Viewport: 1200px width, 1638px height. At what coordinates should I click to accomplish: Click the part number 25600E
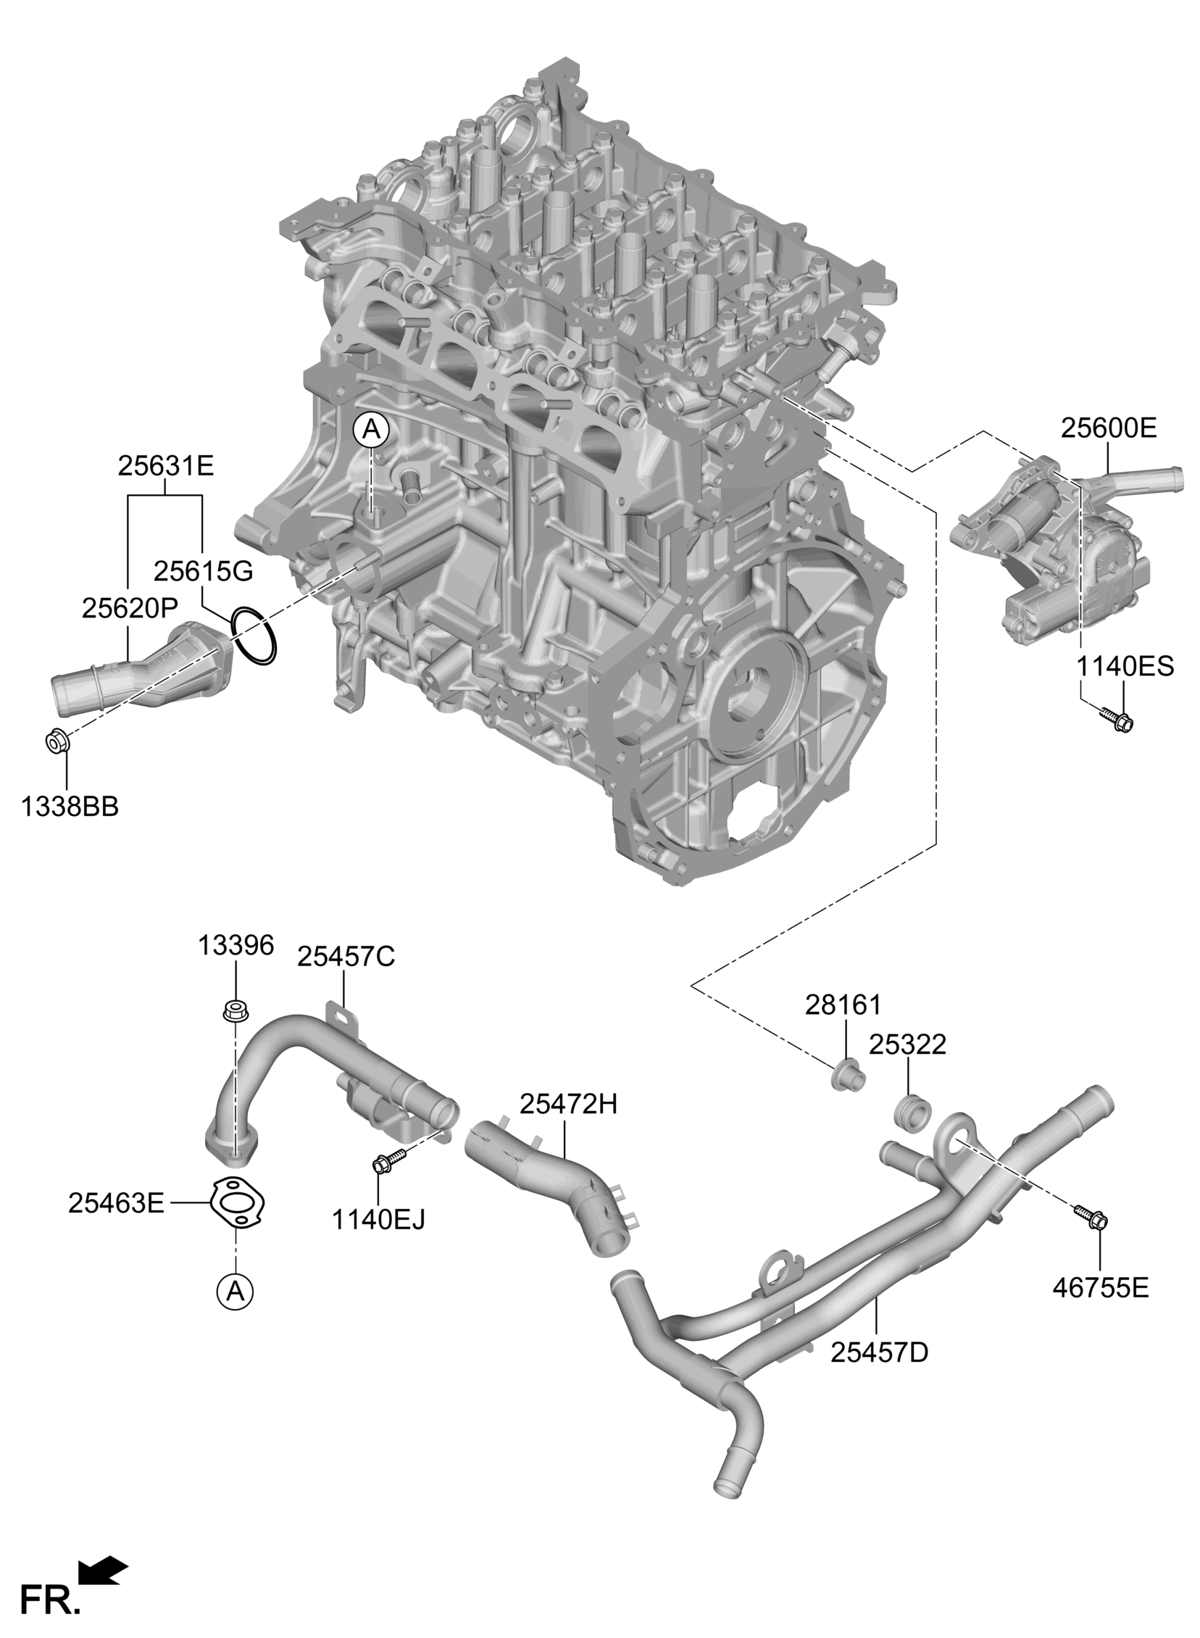tap(1109, 428)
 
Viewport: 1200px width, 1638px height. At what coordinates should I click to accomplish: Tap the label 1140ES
tap(1125, 666)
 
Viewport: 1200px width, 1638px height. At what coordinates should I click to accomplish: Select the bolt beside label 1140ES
tap(1116, 720)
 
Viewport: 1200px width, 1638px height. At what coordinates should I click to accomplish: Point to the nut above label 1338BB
tap(57, 742)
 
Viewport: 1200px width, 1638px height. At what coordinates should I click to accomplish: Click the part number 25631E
tap(166, 465)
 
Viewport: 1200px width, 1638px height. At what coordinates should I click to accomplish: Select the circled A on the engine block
tap(371, 430)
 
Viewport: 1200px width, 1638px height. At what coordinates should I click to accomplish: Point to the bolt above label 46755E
tap(1090, 1215)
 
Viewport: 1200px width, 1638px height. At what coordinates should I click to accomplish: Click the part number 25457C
tap(345, 957)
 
